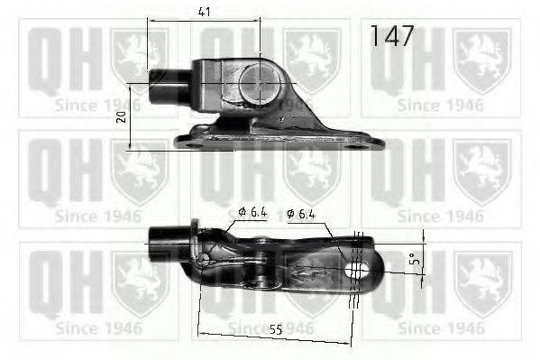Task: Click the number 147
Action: (x=393, y=36)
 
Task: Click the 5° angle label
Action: (x=413, y=263)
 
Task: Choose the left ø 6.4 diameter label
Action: (x=253, y=213)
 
